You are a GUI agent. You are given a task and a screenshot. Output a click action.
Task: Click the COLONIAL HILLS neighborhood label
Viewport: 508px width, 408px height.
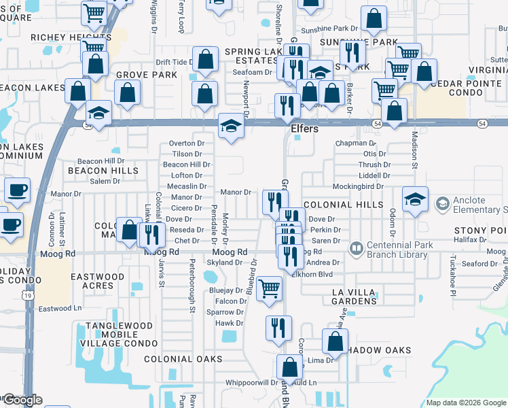pos(339,205)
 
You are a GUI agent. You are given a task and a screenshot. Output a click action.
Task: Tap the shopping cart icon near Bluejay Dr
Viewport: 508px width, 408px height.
pos(270,288)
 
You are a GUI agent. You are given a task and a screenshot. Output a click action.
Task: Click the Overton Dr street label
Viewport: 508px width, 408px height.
pos(187,143)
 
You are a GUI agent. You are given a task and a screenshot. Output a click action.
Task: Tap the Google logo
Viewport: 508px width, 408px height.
pos(22,400)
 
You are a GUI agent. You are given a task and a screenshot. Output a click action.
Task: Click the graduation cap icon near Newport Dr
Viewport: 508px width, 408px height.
pos(231,126)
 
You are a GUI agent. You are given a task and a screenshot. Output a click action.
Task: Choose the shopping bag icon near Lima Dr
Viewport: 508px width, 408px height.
pos(335,341)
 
